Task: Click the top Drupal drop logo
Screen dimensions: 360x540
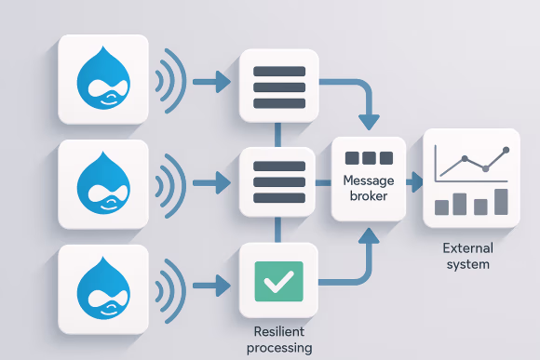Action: click(103, 79)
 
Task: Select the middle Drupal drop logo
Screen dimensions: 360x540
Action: click(103, 183)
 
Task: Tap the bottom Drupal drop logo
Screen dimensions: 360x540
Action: click(103, 287)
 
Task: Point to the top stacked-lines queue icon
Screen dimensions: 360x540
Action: click(278, 85)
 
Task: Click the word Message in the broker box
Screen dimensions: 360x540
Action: click(369, 180)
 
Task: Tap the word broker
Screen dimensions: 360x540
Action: click(369, 196)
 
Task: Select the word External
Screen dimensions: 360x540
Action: click(467, 248)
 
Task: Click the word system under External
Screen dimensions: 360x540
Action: click(467, 264)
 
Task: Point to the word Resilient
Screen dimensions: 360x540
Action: click(279, 332)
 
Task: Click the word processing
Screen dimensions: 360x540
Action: click(279, 348)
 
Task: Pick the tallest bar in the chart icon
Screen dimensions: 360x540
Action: click(501, 201)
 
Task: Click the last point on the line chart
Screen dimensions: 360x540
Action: click(506, 150)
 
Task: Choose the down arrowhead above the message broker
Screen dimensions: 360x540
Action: click(370, 122)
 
